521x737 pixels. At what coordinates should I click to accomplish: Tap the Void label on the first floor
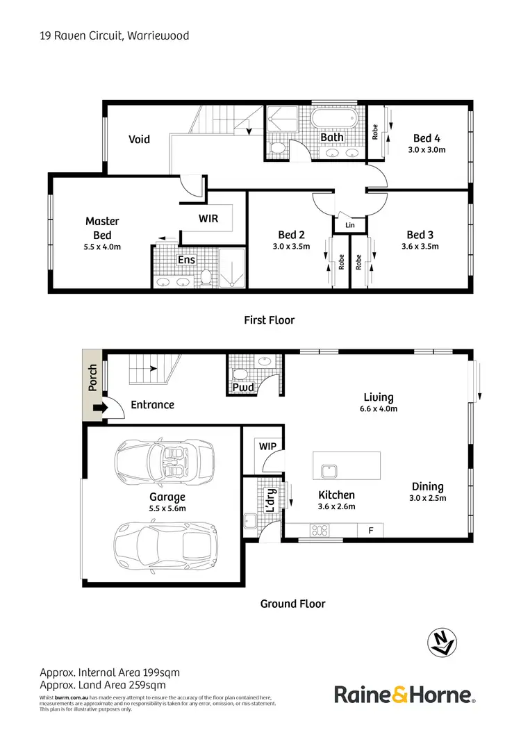139,139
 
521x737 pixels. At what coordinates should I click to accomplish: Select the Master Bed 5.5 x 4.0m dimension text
102,247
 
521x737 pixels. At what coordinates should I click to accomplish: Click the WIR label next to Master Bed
208,218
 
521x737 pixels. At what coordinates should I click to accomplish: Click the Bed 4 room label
427,138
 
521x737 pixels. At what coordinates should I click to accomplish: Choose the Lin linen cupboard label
349,225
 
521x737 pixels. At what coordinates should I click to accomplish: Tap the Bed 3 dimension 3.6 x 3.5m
424,246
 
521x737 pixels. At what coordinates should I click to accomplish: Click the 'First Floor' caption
269,320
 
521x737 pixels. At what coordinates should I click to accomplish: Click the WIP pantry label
267,445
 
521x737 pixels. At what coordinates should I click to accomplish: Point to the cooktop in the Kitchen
320,530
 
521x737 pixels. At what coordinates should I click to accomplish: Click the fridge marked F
371,530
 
